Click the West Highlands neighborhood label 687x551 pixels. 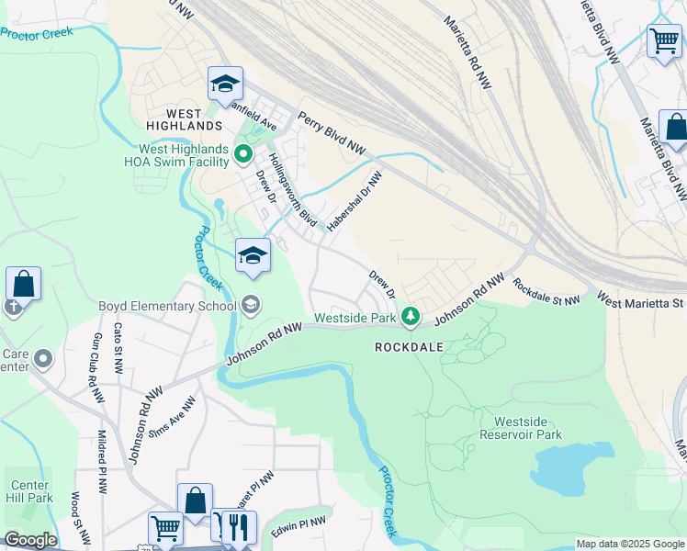[184, 118]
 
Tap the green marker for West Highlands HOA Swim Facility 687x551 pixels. [243, 154]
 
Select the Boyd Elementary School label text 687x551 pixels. [168, 306]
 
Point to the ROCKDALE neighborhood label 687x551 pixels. [410, 347]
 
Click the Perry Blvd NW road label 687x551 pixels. [331, 134]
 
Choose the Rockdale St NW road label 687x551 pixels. [546, 292]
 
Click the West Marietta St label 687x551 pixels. [641, 299]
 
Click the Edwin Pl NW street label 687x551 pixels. [298, 527]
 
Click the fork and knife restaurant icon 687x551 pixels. [239, 528]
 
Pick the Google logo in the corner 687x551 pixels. [29, 540]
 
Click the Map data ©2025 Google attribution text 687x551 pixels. [630, 544]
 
